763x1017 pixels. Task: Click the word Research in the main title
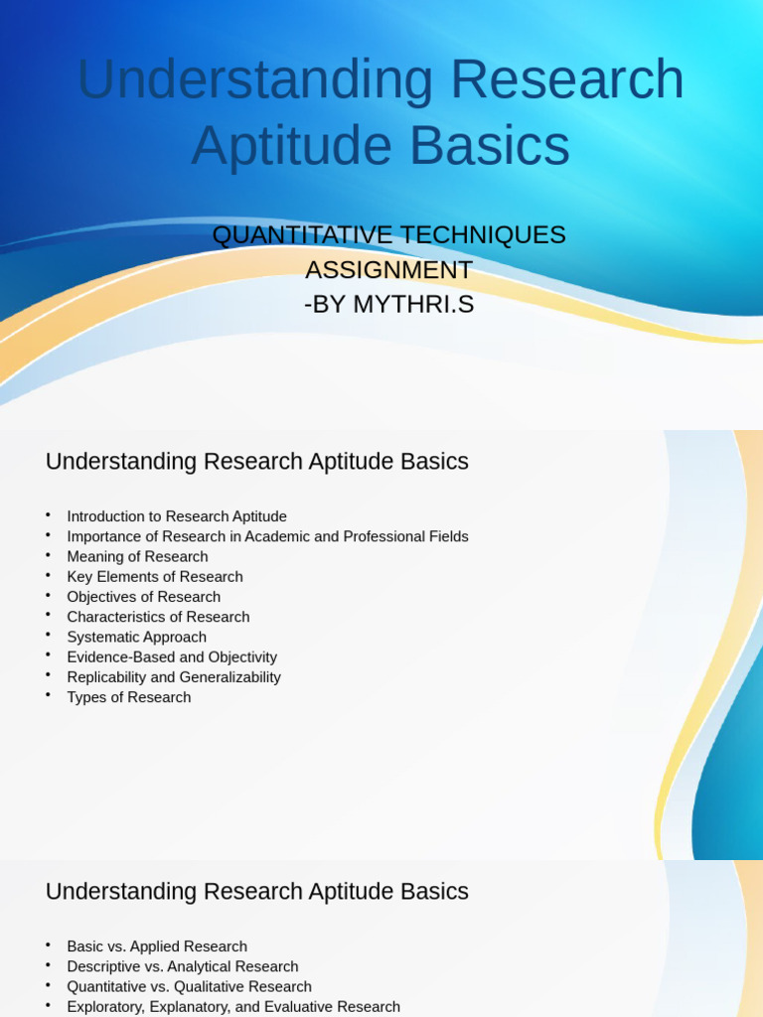tap(567, 79)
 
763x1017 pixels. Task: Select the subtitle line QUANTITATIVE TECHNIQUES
tap(388, 235)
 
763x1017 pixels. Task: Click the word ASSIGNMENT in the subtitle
tap(388, 270)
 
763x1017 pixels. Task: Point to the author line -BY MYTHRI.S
tap(388, 305)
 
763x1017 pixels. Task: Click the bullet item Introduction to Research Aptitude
tap(177, 516)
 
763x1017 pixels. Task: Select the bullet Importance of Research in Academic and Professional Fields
tap(267, 536)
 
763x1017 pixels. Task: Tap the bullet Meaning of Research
tap(137, 557)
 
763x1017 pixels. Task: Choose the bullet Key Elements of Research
tap(155, 577)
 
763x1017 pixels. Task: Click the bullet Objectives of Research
tap(144, 597)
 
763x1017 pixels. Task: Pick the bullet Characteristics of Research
tap(158, 617)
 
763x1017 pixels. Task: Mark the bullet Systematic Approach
tap(137, 638)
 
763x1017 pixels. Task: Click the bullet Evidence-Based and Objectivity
tap(172, 657)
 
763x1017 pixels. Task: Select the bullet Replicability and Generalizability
tap(174, 677)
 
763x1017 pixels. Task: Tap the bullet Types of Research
tap(129, 697)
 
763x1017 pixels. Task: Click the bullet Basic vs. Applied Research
tap(157, 946)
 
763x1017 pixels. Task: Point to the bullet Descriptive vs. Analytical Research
tap(183, 966)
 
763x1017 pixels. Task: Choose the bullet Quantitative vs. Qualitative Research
tap(189, 987)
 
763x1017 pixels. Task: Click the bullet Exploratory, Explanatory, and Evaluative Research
tap(233, 1007)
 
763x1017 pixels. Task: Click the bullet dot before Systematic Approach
tap(47, 634)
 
